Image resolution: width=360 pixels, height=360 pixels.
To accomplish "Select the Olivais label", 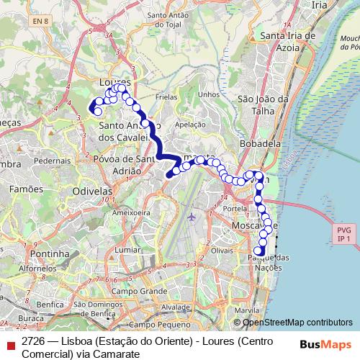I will click(x=222, y=250).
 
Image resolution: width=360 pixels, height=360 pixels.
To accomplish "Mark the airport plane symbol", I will click(x=191, y=215).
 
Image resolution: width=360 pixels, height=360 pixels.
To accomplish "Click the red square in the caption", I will click(x=10, y=344).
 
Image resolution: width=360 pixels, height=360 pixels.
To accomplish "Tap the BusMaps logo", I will click(x=325, y=344).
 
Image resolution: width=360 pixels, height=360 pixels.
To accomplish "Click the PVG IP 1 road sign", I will click(x=344, y=233).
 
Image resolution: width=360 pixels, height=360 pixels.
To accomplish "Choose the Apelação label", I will click(x=190, y=124).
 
